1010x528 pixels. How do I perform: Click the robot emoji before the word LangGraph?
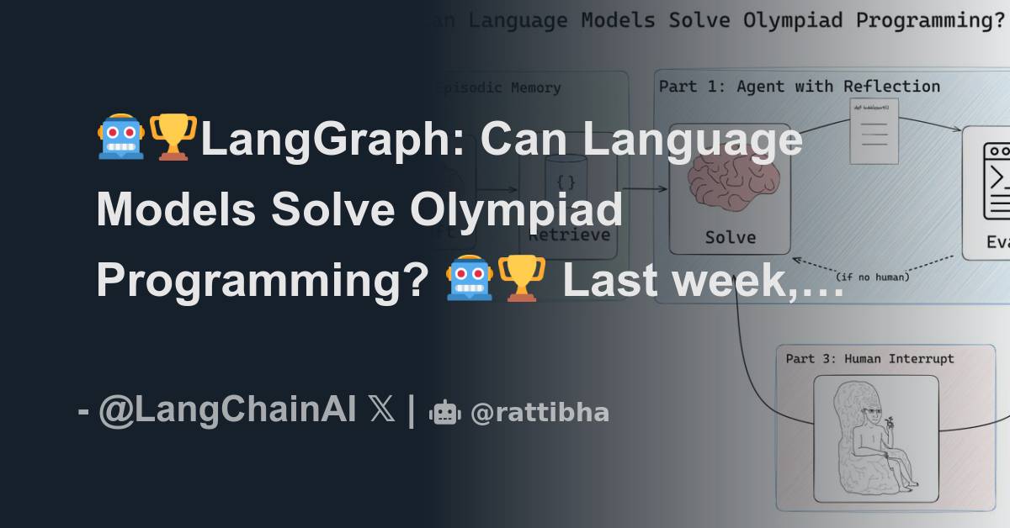click(x=121, y=138)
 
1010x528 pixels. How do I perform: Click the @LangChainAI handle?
click(x=228, y=412)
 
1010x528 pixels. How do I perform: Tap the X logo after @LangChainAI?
click(x=381, y=412)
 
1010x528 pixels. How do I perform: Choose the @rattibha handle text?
click(x=540, y=413)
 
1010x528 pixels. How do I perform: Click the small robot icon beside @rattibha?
click(x=444, y=413)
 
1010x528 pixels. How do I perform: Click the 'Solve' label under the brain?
click(x=730, y=237)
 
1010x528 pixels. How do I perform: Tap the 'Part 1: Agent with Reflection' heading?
click(x=799, y=86)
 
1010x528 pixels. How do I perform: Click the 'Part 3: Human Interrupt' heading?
click(x=869, y=358)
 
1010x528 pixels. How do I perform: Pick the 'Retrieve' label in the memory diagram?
click(x=569, y=235)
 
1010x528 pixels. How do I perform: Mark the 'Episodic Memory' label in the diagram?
click(x=501, y=87)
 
